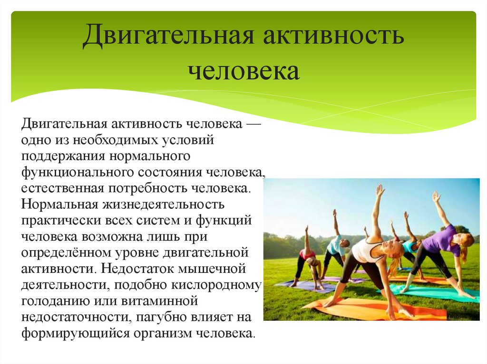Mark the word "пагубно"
(x=163, y=317)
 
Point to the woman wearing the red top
(x=308, y=259)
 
